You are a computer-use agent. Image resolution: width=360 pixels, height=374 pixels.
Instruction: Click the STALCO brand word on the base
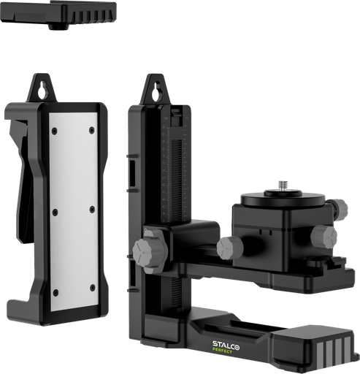pos(226,345)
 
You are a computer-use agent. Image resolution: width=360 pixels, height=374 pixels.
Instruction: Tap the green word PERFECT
pos(222,351)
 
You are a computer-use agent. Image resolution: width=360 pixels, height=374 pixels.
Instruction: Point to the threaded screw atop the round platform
pos(283,186)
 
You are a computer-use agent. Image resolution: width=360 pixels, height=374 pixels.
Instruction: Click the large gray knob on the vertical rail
pos(150,253)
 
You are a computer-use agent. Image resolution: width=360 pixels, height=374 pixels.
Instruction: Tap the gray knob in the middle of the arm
pos(230,248)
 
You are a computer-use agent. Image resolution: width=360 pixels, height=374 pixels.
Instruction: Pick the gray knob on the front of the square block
pos(323,237)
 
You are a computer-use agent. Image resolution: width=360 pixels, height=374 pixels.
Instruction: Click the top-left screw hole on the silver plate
pos(55,131)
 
